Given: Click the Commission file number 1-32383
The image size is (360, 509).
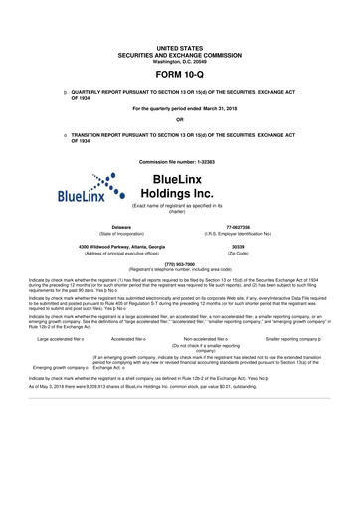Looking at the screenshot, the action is [180, 160].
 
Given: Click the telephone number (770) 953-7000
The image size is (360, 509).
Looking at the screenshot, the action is [180, 263].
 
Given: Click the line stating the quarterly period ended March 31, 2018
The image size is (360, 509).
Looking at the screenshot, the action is [180, 107].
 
